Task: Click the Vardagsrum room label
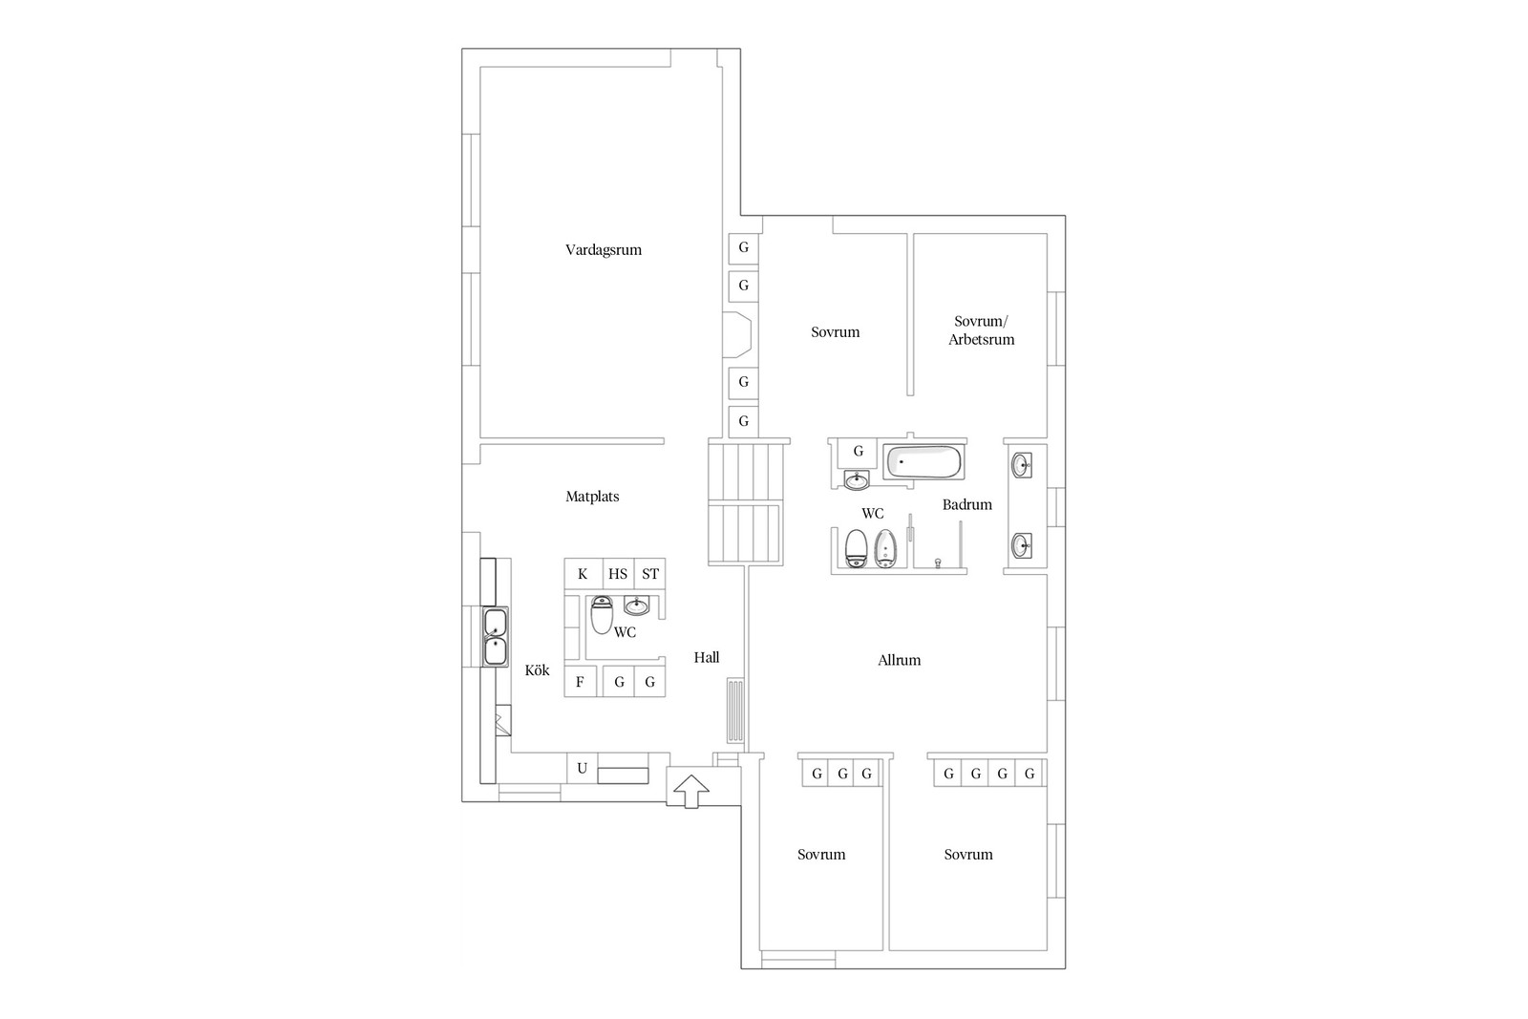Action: click(603, 250)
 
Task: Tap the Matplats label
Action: click(592, 497)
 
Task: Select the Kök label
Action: click(537, 669)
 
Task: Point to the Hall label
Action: click(706, 657)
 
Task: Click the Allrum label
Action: click(899, 660)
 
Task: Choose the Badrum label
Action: click(966, 505)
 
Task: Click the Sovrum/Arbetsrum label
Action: click(981, 330)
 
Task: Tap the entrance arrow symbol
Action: click(691, 791)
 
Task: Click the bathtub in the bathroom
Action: click(923, 462)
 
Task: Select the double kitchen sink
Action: click(496, 637)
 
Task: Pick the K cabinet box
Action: click(584, 574)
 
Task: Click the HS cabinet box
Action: click(618, 574)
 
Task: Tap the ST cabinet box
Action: click(650, 574)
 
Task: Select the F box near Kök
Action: click(581, 681)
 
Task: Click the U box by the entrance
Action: click(582, 768)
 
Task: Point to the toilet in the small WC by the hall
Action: click(601, 614)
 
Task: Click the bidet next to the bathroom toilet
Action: click(885, 547)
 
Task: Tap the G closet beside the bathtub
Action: click(859, 451)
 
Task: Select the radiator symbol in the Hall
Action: click(734, 710)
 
